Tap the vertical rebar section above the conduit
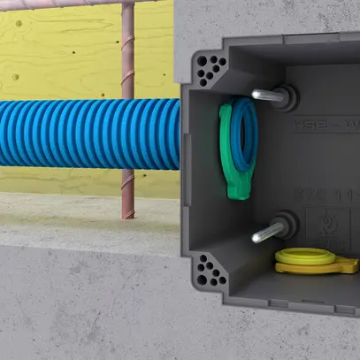[128, 53]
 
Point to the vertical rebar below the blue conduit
[128, 190]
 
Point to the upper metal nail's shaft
[264, 94]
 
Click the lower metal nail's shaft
[266, 234]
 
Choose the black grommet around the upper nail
[285, 94]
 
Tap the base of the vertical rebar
[128, 213]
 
